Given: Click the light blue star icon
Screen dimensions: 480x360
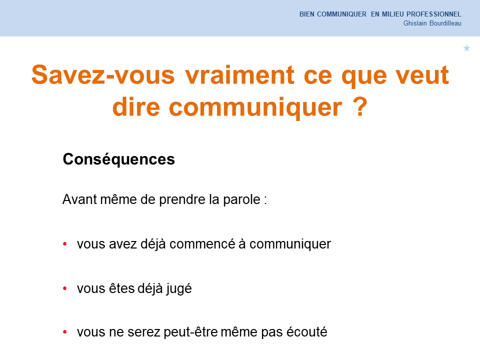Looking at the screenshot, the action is click(x=466, y=48).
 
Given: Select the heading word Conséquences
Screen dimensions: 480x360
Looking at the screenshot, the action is click(x=119, y=159).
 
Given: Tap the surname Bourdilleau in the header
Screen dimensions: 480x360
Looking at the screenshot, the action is click(x=445, y=23).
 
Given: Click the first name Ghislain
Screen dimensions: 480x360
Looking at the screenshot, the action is click(x=415, y=23).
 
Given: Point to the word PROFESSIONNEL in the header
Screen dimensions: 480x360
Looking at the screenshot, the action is click(x=434, y=14).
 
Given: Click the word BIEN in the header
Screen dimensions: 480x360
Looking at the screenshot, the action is click(x=306, y=14).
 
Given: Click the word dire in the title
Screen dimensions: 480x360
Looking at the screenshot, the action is click(x=136, y=106).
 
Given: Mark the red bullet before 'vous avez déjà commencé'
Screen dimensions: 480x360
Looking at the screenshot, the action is click(x=65, y=244).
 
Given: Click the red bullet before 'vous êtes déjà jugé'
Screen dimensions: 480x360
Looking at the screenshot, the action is click(x=65, y=288).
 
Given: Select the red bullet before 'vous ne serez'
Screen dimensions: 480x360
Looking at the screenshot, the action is click(x=65, y=332).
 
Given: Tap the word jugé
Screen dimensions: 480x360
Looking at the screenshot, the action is click(x=179, y=289).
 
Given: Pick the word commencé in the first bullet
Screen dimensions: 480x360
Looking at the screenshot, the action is click(x=202, y=244).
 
